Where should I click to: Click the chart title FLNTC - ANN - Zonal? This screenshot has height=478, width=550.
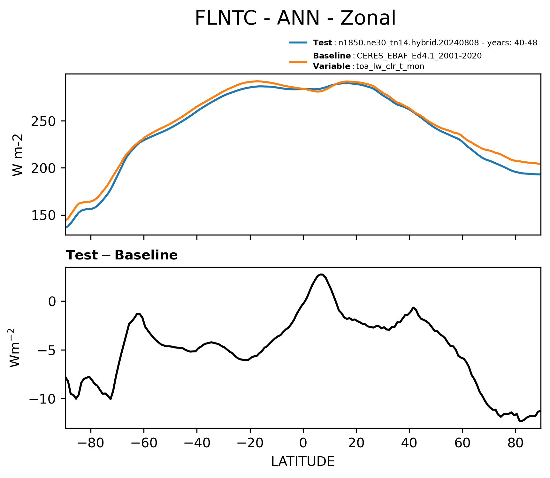295,18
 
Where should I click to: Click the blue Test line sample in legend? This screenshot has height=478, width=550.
298,42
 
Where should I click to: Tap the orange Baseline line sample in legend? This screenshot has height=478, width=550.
298,62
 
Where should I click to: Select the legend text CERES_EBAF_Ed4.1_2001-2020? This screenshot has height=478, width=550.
419,56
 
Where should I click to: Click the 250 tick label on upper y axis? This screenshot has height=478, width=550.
44,121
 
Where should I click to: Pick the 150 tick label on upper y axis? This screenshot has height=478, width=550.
44,216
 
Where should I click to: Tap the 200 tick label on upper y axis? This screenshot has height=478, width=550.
44,168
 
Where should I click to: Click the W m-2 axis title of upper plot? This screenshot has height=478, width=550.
18,155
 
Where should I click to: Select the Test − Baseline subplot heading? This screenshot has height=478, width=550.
122,255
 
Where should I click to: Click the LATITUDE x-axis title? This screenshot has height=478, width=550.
303,462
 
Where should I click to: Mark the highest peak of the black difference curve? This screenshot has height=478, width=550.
321,274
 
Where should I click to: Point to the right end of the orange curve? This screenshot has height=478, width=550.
540,164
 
